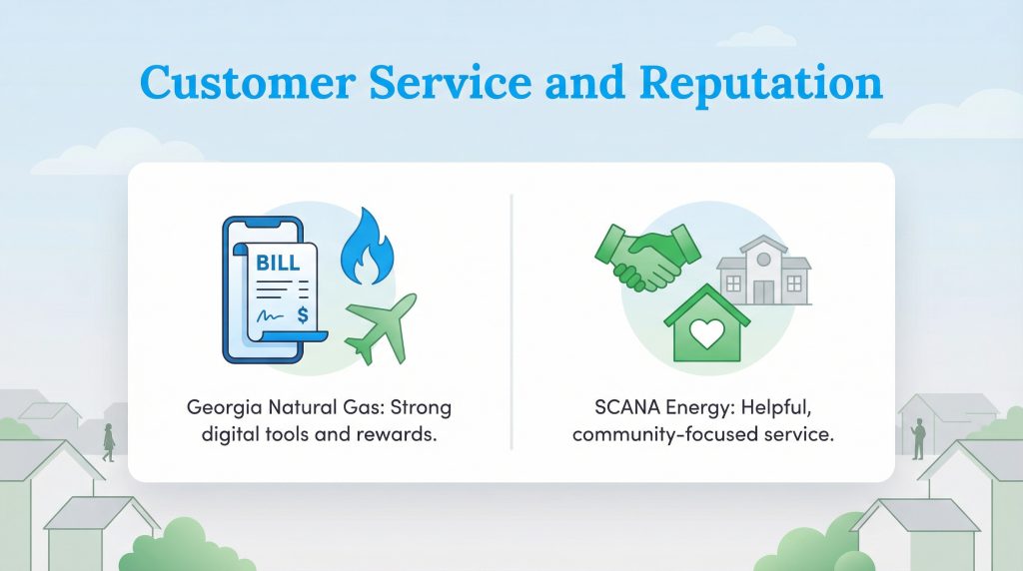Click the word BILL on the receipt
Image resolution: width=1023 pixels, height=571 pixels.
(277, 266)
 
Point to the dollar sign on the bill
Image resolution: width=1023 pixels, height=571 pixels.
(302, 315)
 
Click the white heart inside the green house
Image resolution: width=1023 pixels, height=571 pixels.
(705, 333)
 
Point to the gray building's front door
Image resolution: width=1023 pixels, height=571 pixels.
(763, 290)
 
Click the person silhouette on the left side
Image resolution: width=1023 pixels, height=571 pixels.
(108, 441)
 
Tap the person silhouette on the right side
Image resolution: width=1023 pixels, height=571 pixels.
(918, 438)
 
